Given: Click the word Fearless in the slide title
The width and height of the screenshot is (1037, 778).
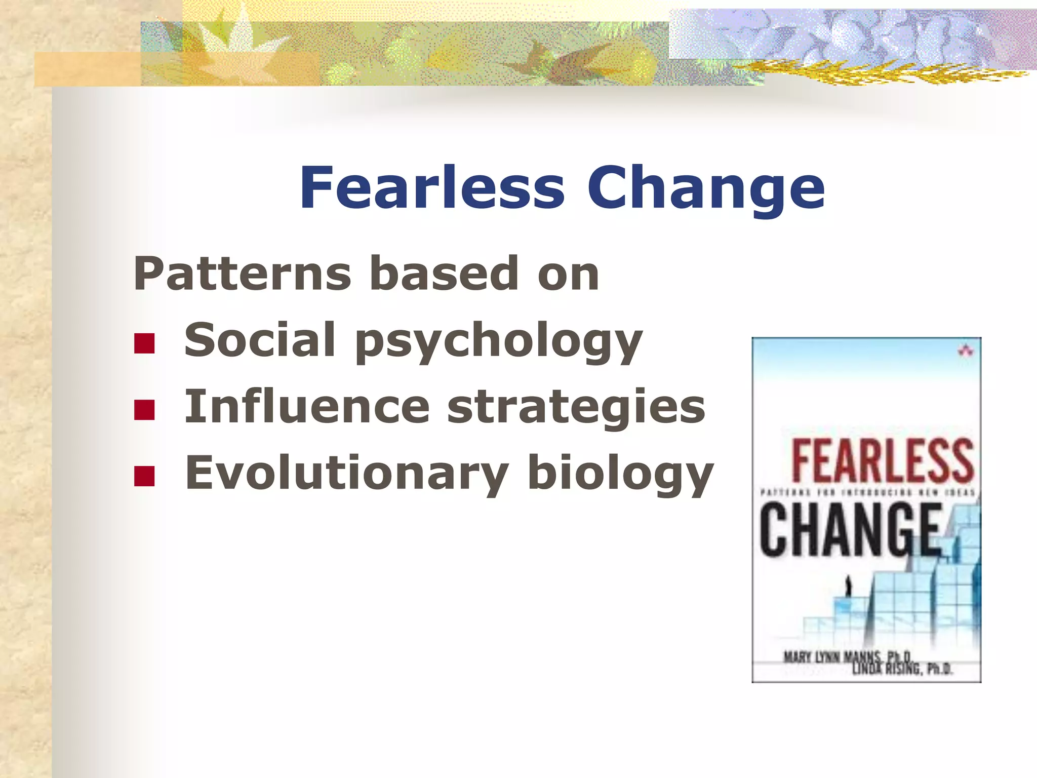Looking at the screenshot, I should pyautogui.click(x=431, y=187).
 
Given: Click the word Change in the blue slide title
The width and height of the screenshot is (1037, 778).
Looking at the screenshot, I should pyautogui.click(x=706, y=188).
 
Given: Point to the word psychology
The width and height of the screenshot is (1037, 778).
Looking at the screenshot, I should pyautogui.click(x=499, y=342).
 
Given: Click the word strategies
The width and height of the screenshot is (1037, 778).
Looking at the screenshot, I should pyautogui.click(x=576, y=408).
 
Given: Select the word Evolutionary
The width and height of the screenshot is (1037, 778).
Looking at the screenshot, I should pyautogui.click(x=347, y=473).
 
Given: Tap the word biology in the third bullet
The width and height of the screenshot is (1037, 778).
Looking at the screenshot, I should pyautogui.click(x=620, y=474).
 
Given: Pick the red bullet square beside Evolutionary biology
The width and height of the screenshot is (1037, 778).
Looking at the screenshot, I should pyautogui.click(x=144, y=476).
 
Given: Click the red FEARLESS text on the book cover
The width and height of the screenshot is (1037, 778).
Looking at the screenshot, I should pyautogui.click(x=882, y=460).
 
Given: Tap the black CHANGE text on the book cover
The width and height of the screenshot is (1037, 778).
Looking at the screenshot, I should pyautogui.click(x=851, y=530).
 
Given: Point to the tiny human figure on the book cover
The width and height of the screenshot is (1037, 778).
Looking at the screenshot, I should pyautogui.click(x=849, y=587).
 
